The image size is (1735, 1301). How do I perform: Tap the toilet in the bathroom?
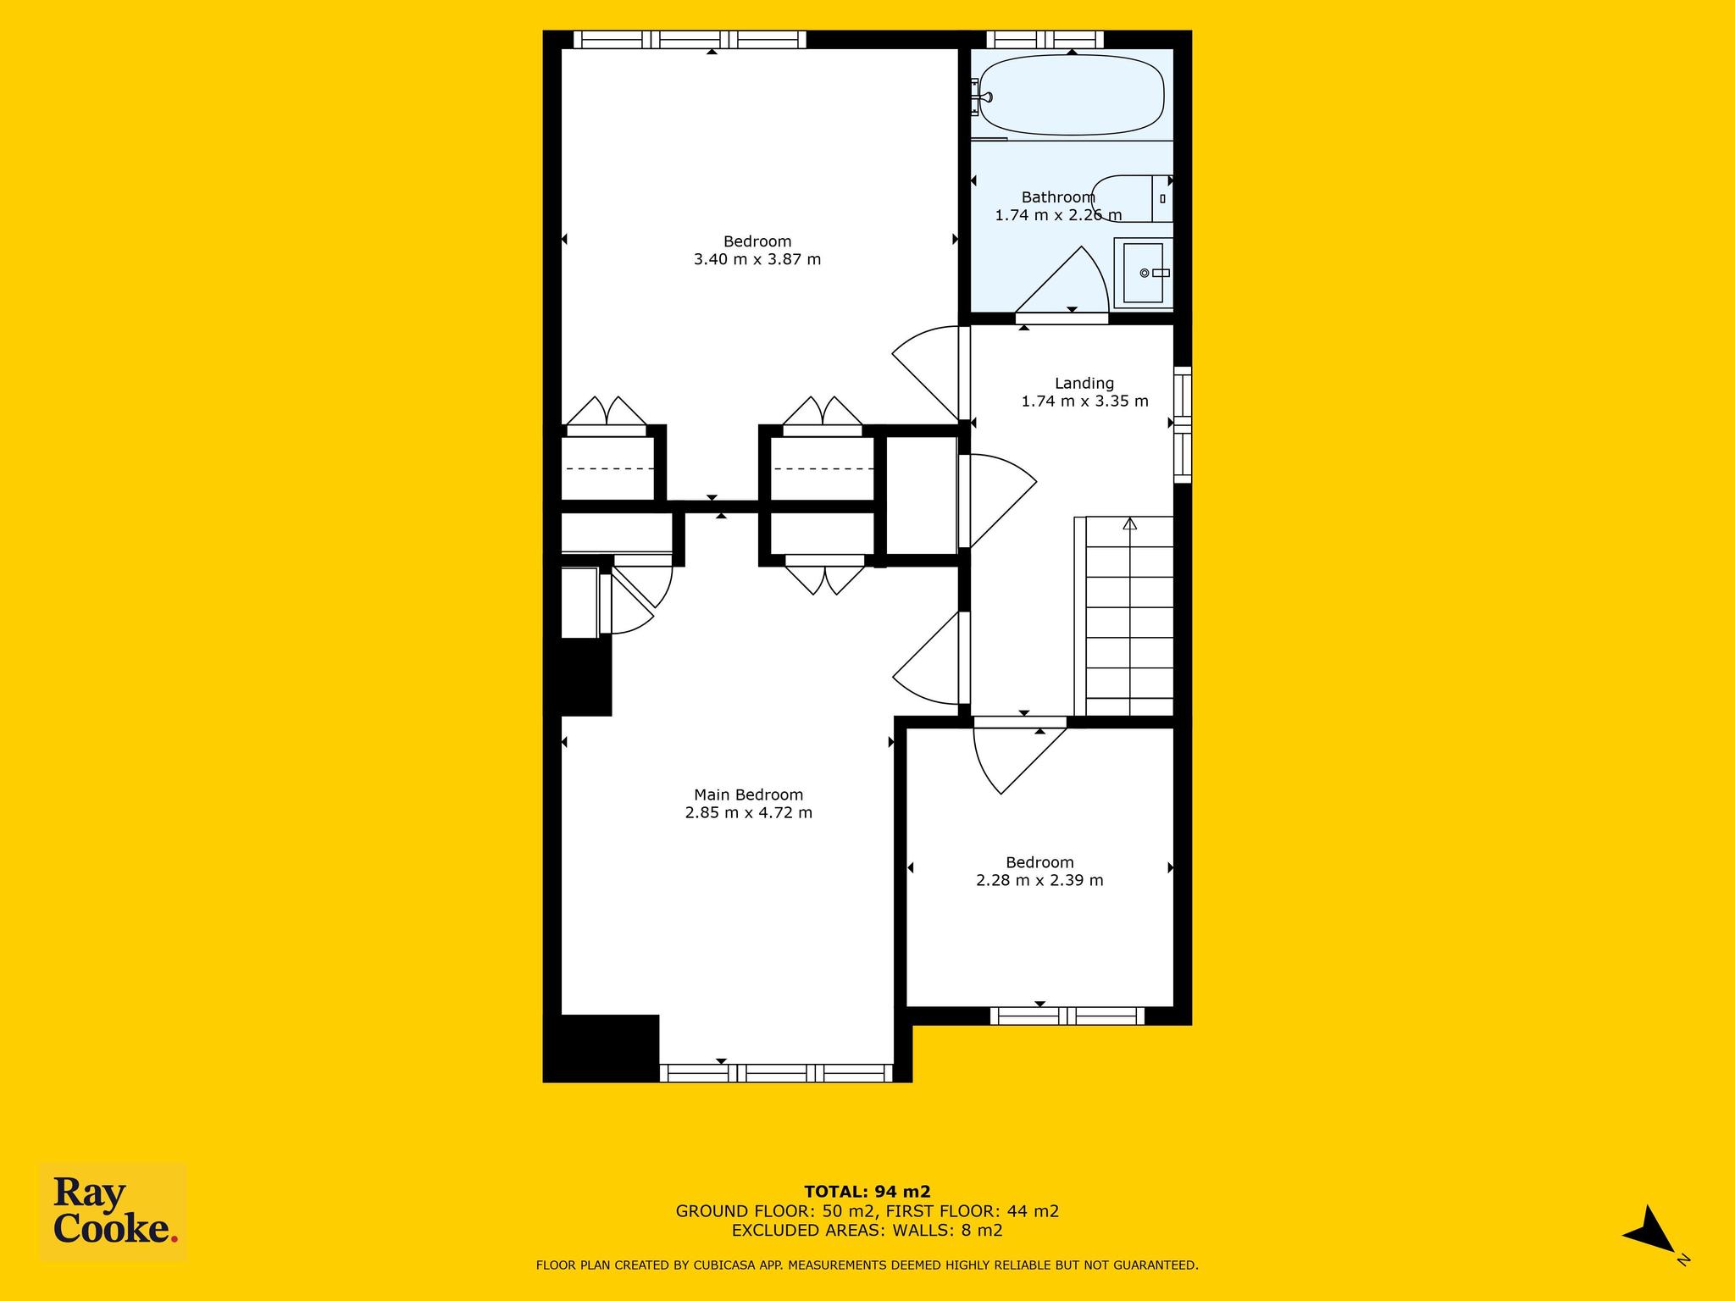point(1132,198)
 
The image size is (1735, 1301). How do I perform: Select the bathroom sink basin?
point(1144,273)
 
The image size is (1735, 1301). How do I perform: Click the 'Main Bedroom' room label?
point(748,794)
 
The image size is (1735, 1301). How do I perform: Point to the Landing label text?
point(1084,383)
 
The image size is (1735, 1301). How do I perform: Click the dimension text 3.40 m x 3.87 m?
point(757,259)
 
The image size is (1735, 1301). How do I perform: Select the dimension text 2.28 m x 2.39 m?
point(1039,880)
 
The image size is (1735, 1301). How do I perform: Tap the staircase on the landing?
point(1124,617)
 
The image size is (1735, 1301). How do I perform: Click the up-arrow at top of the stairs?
point(1129,523)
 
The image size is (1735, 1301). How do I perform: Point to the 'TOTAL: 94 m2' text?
point(867,1192)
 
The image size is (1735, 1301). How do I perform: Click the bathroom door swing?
point(1062,280)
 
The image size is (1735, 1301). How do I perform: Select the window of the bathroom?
point(1045,39)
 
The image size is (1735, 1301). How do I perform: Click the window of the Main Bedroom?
point(776,1073)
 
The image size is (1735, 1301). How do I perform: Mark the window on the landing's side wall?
point(1183,425)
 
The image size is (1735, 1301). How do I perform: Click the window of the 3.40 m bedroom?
point(690,39)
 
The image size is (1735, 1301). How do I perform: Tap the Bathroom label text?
point(1058,197)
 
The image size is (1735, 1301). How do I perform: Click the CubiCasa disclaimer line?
point(867,1265)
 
